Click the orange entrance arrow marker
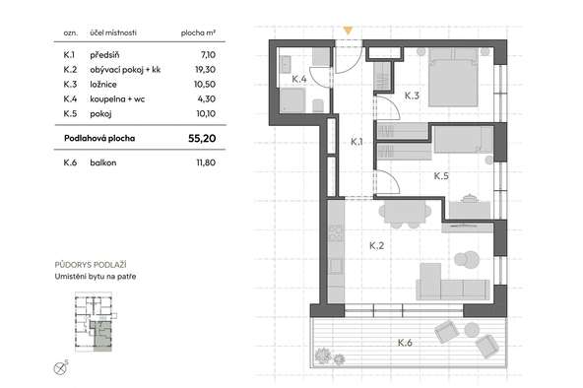[x=348, y=31]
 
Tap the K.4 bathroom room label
[x=299, y=79]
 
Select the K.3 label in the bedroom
[x=412, y=96]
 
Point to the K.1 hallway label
[x=356, y=142]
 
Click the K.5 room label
[x=441, y=176]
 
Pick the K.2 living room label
[x=376, y=245]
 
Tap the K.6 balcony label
[x=405, y=343]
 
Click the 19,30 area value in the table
[x=205, y=70]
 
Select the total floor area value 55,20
[x=202, y=138]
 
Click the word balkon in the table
[x=103, y=162]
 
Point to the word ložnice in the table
[x=103, y=85]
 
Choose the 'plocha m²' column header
[x=198, y=32]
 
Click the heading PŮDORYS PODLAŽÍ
[x=91, y=265]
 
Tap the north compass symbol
[x=60, y=368]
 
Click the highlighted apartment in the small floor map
[x=101, y=335]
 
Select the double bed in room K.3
[x=453, y=77]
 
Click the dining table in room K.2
[x=405, y=214]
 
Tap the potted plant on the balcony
[x=323, y=356]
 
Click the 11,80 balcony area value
[x=206, y=162]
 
